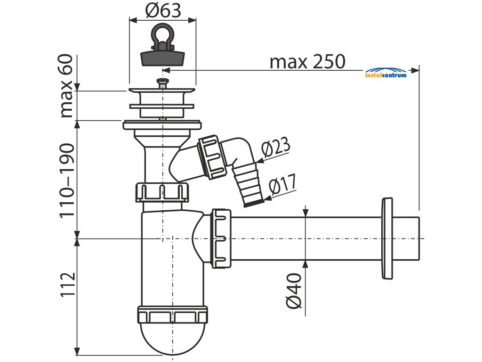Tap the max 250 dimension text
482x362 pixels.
307,62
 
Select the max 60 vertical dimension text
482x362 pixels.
66,86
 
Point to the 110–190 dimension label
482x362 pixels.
67,181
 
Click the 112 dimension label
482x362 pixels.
68,284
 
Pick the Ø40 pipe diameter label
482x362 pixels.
294,290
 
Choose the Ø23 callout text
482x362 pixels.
276,146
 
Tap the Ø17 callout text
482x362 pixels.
282,184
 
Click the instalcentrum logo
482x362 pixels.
386,73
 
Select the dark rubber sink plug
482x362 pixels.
162,58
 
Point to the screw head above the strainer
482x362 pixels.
162,82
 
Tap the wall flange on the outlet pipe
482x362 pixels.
387,239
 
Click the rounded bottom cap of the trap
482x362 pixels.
172,337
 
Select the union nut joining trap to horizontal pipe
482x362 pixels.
221,239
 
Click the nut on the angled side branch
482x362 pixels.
212,157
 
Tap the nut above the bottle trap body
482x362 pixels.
162,192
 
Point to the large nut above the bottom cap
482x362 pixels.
172,314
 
